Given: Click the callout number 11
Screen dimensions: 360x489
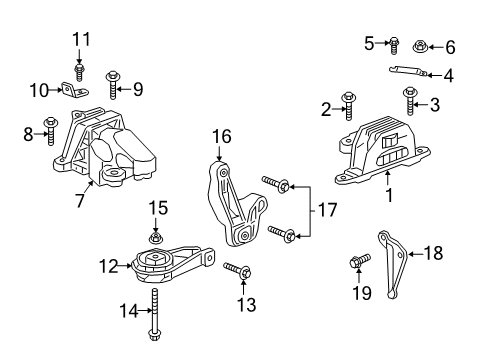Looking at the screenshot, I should pyautogui.click(x=80, y=39).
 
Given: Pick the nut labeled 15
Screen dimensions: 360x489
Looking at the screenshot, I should pyautogui.click(x=156, y=238).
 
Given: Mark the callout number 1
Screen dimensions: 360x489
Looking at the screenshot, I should pyautogui.click(x=389, y=197).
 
